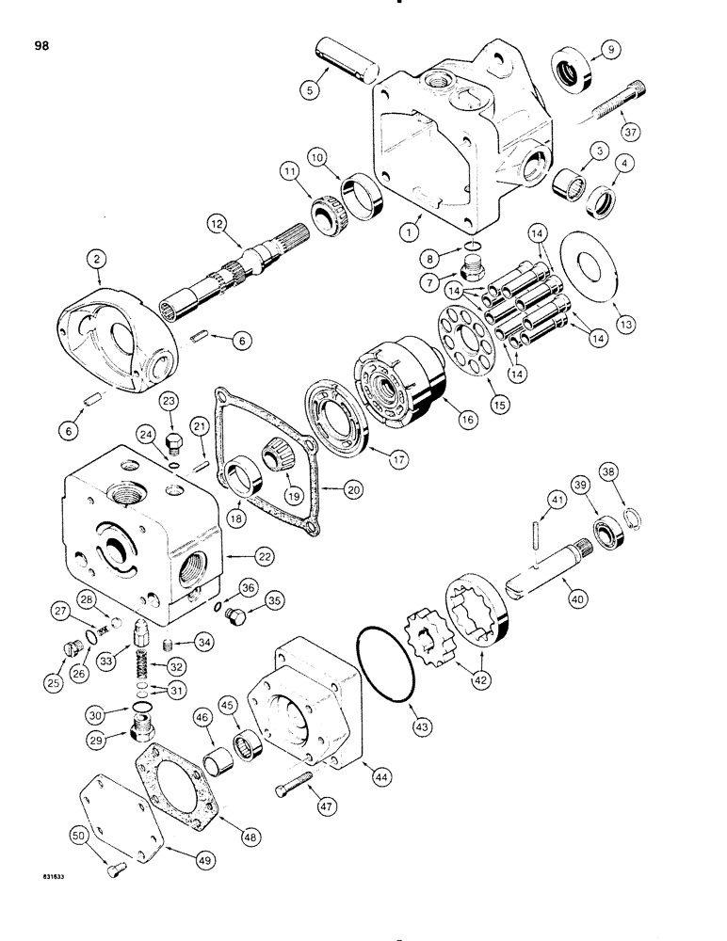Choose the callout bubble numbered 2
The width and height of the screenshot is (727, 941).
point(96,255)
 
